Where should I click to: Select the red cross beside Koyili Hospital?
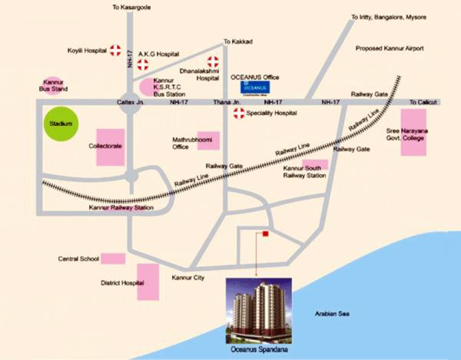(115, 51)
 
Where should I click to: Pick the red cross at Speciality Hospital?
(239, 113)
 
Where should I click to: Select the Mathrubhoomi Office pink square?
(208, 140)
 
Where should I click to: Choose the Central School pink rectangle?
(113, 259)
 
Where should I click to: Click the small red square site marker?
(264, 234)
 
